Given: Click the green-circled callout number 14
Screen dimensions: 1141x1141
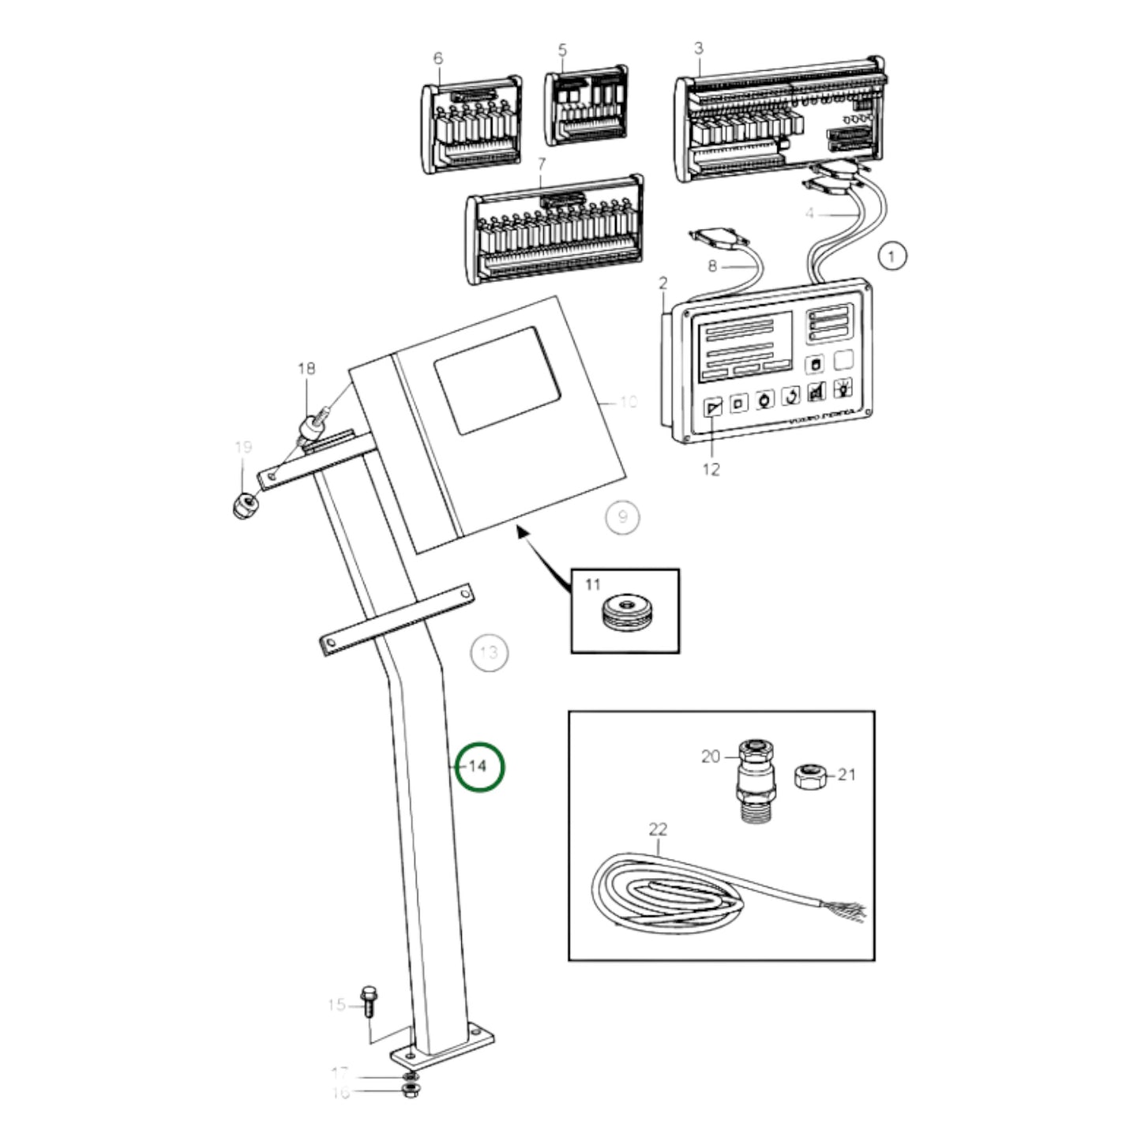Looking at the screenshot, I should click(479, 766).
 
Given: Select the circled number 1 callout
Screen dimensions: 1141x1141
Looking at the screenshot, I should click(892, 256).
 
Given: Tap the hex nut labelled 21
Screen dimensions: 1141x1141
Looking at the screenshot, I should click(809, 778).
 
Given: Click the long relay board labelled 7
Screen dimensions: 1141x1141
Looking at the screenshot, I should click(554, 230).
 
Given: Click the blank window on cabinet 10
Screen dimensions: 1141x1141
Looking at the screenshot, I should click(497, 381).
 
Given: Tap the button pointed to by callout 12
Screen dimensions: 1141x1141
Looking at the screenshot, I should click(713, 407).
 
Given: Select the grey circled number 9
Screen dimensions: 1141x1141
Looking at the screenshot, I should click(622, 517).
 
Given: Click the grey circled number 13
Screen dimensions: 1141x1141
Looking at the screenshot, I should click(489, 653).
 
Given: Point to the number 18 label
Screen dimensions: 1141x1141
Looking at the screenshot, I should click(306, 368).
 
